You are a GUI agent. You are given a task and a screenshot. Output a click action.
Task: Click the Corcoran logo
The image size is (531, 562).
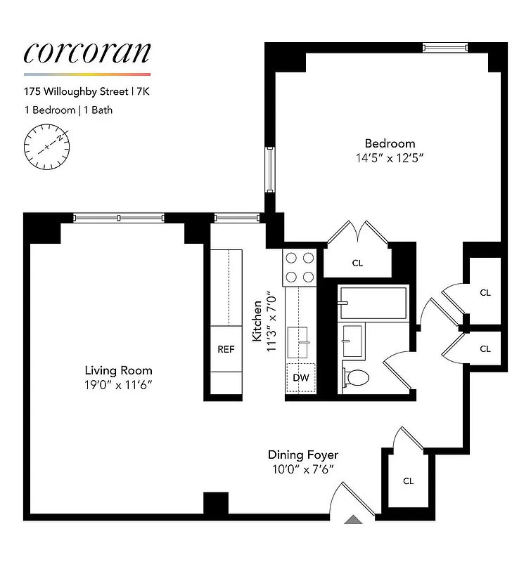(87, 53)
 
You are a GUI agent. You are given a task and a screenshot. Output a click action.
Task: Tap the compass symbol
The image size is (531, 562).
(47, 146)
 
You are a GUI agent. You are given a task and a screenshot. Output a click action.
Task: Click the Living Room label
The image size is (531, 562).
(118, 370)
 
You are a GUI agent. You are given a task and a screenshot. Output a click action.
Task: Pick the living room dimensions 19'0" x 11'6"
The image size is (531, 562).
(118, 384)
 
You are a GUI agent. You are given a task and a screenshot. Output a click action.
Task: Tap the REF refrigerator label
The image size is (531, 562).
(225, 349)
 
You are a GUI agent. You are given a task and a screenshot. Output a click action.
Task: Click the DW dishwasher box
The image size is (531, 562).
(301, 378)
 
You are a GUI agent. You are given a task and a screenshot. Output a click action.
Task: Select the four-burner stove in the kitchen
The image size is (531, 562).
(299, 267)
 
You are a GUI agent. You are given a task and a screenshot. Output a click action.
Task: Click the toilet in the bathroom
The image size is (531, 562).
(355, 378)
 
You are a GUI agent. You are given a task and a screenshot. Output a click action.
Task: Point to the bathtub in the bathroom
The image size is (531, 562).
(372, 303)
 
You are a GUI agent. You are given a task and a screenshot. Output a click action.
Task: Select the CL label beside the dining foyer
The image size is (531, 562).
(408, 481)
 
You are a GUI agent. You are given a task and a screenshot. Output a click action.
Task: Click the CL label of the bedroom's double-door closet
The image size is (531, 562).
(357, 263)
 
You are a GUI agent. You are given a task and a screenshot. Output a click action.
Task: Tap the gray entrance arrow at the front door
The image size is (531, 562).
(354, 520)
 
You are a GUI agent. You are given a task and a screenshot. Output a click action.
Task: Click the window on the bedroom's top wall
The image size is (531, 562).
(444, 48)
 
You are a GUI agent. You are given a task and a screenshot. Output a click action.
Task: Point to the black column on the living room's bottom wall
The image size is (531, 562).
(216, 504)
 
